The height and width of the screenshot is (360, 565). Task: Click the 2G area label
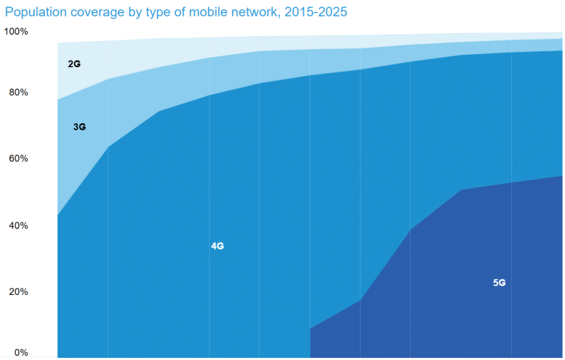click(x=74, y=64)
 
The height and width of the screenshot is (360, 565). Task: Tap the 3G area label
click(x=79, y=127)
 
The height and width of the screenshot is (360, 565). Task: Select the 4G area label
click(x=217, y=246)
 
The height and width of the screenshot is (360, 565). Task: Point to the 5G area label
click(x=499, y=283)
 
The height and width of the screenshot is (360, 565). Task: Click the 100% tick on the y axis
click(x=16, y=31)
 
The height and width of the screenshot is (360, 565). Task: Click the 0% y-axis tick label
click(x=20, y=352)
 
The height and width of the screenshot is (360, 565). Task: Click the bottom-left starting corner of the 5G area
click(x=311, y=357)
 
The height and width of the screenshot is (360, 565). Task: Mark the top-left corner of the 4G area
click(x=58, y=215)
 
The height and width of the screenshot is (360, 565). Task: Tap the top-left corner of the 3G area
click(x=58, y=100)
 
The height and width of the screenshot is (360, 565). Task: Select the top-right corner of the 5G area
click(x=562, y=176)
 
